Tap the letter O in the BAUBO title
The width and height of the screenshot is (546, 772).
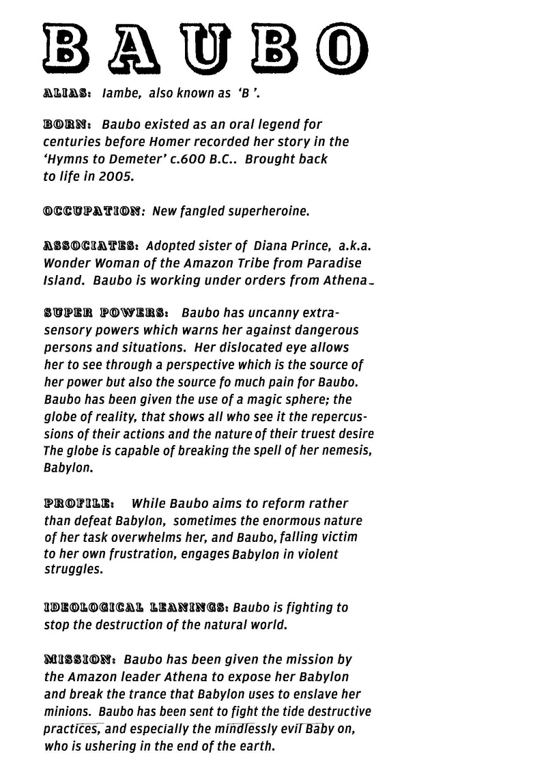pos(341,48)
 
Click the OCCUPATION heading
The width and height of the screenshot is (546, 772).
pos(94,212)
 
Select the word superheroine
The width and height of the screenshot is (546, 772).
pos(269,212)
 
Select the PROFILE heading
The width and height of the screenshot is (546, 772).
pos(78,504)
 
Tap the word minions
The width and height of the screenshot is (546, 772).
pos(67,711)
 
